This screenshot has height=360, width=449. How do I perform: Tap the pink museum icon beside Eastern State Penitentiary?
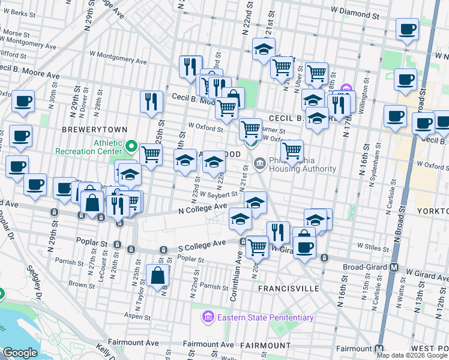tap(208, 316)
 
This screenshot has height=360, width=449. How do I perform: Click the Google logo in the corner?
tap(20, 353)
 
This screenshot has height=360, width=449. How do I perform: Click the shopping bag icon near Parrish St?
tap(158, 277)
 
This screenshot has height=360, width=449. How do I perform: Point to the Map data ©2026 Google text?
tap(412, 355)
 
